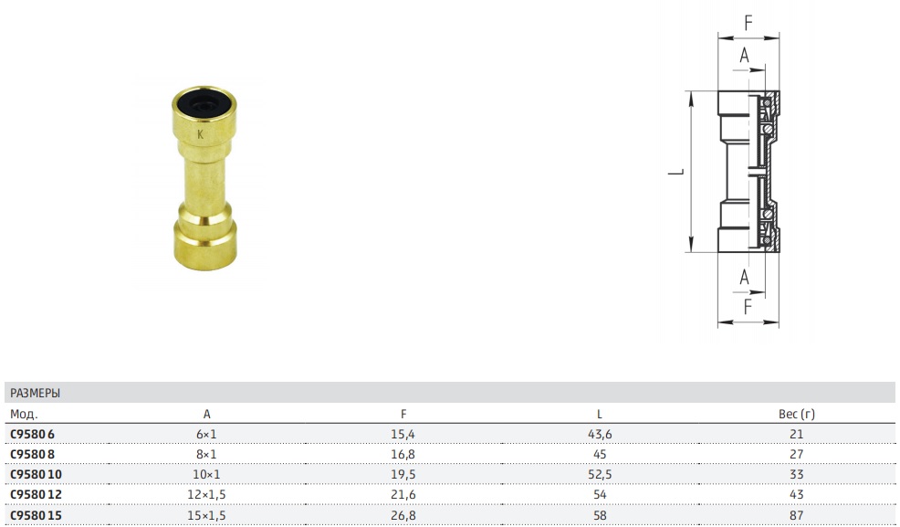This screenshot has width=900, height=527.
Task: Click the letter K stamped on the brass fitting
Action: tap(200, 134)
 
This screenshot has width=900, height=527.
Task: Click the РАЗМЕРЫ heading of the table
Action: tap(35, 394)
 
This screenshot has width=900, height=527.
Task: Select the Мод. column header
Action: tap(24, 414)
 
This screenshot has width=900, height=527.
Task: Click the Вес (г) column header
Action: tap(797, 414)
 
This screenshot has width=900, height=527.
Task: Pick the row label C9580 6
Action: tap(32, 434)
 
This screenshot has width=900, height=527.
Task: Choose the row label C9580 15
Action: tap(36, 515)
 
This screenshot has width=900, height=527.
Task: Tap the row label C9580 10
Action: tap(36, 474)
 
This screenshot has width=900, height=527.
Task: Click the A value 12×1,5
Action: tap(206, 494)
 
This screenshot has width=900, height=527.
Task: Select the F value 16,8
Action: tap(403, 454)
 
